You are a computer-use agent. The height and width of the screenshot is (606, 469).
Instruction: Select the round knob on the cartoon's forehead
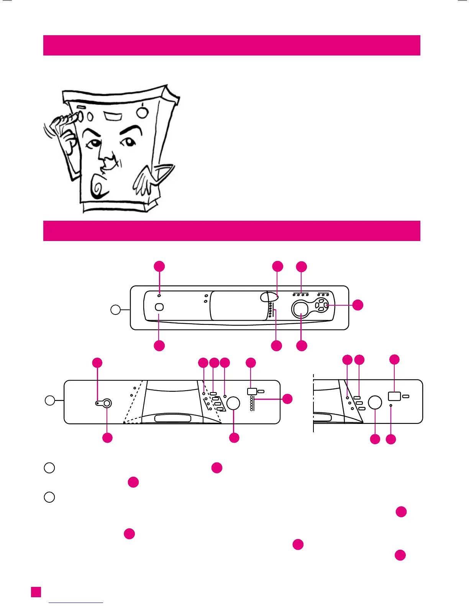point(142,112)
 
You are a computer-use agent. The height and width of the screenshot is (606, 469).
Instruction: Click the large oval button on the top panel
point(301,309)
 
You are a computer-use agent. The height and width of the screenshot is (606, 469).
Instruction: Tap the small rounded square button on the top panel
point(159,307)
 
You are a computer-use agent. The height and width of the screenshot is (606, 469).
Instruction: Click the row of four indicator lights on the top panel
point(300,295)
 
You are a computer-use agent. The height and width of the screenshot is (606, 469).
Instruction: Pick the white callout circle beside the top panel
point(115,310)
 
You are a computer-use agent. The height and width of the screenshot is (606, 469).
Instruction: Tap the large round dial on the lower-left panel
point(233,403)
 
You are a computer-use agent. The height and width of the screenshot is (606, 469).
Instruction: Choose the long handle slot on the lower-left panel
point(172,418)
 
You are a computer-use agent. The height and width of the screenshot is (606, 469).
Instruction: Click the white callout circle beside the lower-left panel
point(50,401)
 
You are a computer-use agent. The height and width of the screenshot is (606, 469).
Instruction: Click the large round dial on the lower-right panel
point(375,402)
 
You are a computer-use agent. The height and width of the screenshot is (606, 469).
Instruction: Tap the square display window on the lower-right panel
point(394,396)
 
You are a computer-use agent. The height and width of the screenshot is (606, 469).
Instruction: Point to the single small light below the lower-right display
point(390,405)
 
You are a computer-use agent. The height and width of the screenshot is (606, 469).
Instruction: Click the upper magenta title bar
point(231,45)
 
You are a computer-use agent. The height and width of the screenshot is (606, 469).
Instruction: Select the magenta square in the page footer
point(36,592)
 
